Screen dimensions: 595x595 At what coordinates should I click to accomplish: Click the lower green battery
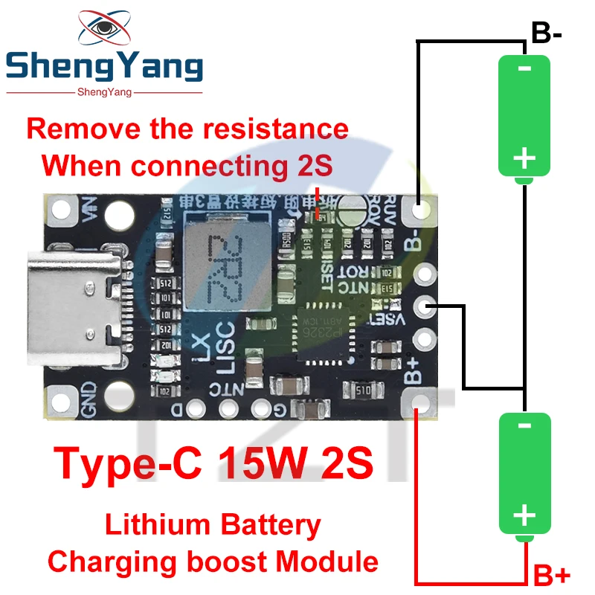pos(524,472)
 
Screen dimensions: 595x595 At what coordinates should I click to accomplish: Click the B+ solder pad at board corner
pos(421,406)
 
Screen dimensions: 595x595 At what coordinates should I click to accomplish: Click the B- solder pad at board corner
pos(421,211)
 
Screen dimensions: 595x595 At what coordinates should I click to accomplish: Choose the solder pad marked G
pos(260,408)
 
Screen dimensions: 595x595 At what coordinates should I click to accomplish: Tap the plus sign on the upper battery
pos(524,157)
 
